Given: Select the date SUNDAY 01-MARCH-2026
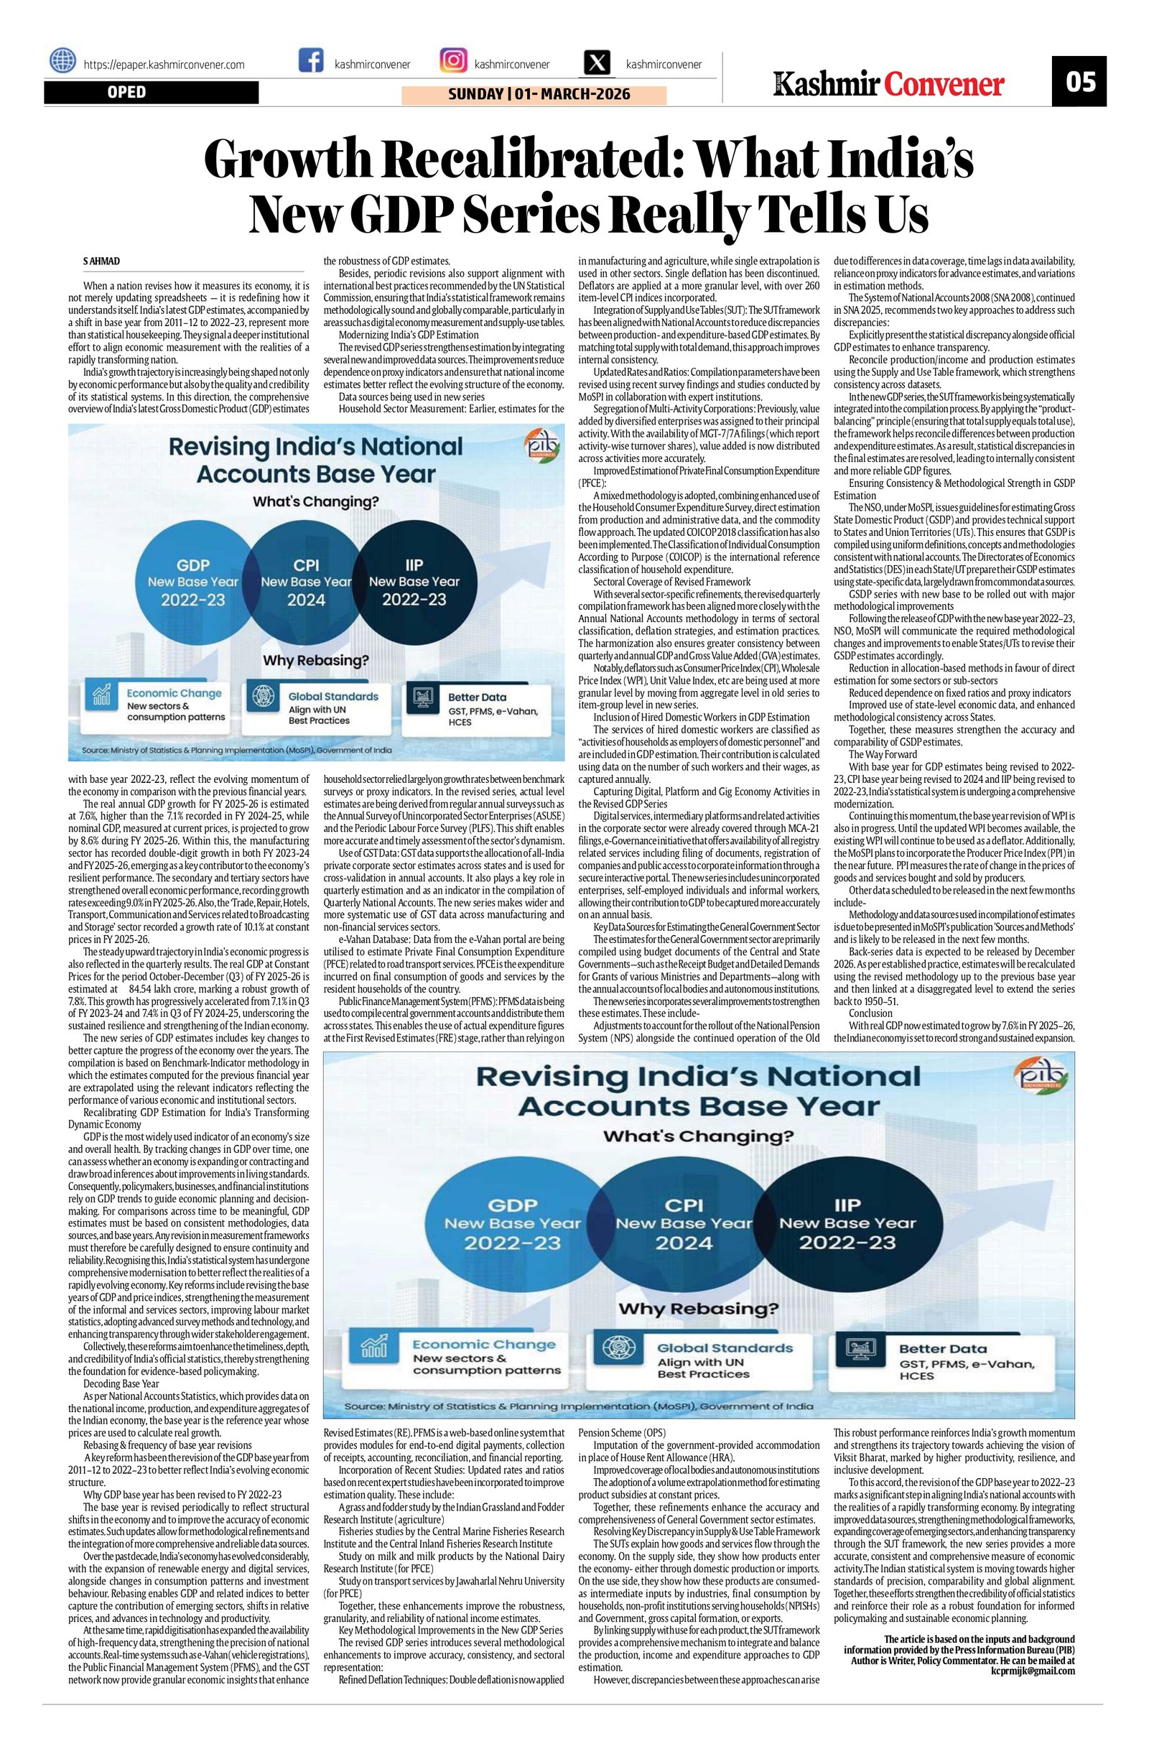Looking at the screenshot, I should click(x=534, y=95).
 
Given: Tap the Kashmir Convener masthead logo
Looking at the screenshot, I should click(x=890, y=84).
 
